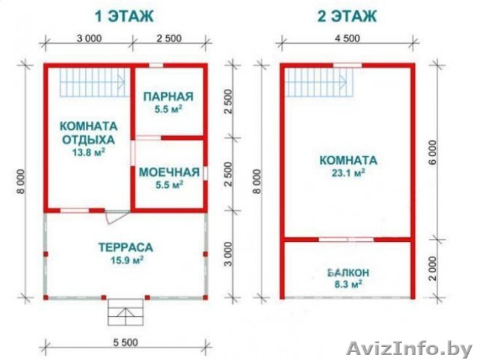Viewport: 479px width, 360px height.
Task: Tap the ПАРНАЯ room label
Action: [169, 96]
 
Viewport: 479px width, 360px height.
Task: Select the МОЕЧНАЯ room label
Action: [169, 173]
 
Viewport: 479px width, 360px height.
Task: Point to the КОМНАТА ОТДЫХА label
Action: [89, 134]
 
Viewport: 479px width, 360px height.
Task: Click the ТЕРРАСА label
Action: [125, 247]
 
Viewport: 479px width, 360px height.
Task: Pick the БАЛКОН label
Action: [348, 272]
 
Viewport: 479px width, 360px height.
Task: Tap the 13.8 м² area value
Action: [89, 152]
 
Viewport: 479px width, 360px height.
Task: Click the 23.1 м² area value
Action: [348, 173]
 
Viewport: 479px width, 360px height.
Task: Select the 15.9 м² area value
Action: [125, 260]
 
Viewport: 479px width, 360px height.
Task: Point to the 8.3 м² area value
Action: [348, 283]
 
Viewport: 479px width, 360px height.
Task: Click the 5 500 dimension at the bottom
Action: [125, 342]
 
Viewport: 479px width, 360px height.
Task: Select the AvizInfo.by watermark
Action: [410, 347]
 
